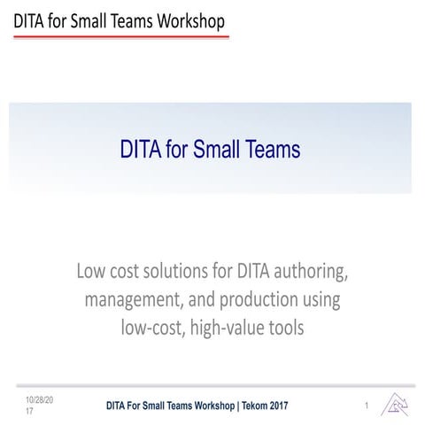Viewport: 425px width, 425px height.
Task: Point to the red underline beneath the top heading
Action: [x=120, y=38]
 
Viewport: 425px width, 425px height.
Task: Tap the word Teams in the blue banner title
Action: [x=271, y=150]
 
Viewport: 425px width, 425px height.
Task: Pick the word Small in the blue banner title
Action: [x=216, y=150]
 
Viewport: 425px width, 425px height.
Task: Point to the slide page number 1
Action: [x=366, y=406]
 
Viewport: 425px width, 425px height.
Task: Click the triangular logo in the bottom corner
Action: [x=394, y=405]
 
